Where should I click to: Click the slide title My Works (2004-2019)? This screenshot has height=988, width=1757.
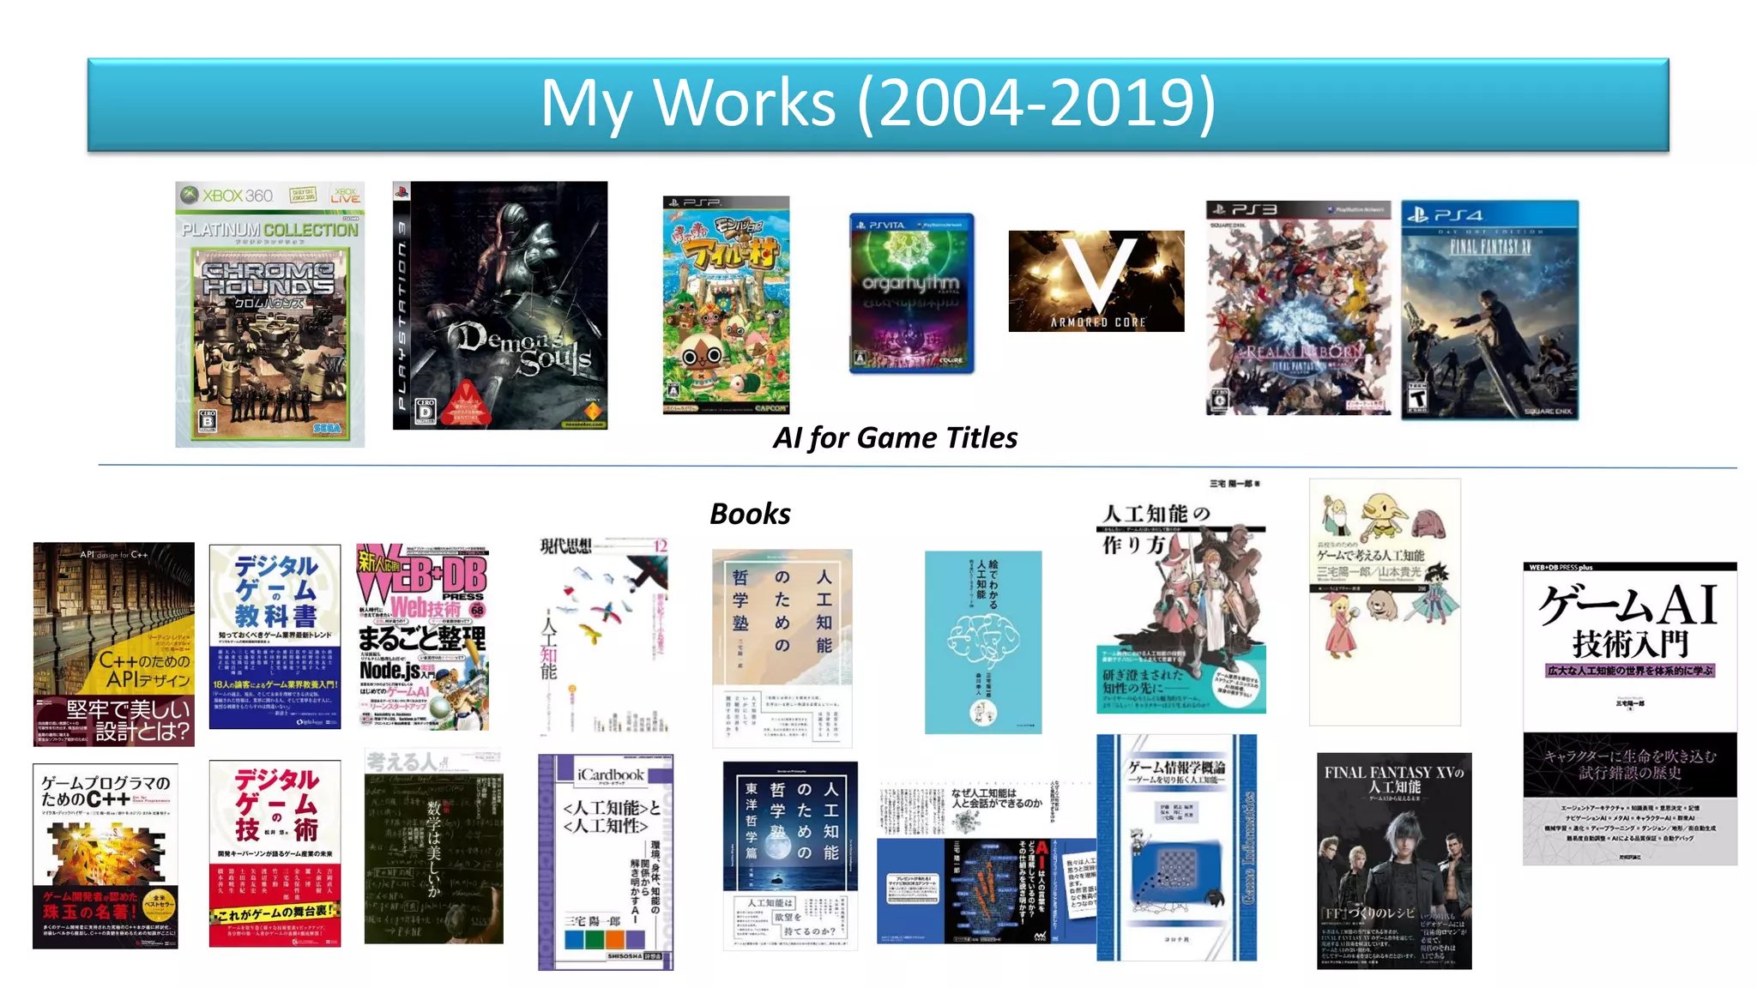coord(878,104)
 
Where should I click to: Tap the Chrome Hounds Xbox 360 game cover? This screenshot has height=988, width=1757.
coord(269,315)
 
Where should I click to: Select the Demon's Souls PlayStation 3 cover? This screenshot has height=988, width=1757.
coord(500,305)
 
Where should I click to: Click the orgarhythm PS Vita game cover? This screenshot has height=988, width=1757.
coord(911,293)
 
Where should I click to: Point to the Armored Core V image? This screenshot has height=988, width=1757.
coord(1096,281)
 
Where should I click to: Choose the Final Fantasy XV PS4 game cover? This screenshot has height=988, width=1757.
coord(1489,310)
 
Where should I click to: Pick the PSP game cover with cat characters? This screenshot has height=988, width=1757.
coord(726,305)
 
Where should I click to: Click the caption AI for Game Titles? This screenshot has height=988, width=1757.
coord(895,438)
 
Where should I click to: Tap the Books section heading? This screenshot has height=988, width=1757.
coord(750,514)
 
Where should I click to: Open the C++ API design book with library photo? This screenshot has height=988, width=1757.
coord(113,644)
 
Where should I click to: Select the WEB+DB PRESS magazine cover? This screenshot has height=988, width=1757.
coord(422,636)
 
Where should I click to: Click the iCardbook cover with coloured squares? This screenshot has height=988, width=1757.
coord(606,862)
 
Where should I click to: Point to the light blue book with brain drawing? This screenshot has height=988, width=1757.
coord(983,642)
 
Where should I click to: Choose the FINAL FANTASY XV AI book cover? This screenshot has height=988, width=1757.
coord(1394,861)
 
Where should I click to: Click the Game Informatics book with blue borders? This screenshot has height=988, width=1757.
coord(1176,847)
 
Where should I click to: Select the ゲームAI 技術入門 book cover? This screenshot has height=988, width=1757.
coord(1629,714)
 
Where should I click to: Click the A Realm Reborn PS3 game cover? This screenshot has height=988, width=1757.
coord(1298,308)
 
